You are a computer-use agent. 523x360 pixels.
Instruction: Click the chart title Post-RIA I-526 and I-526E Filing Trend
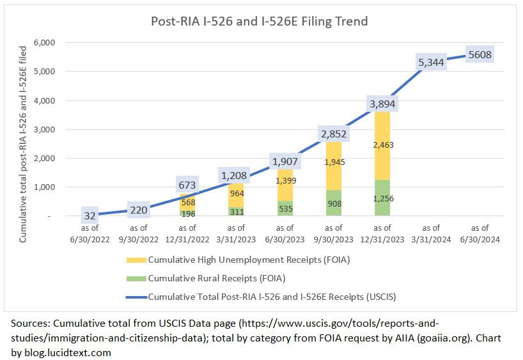(x=259, y=21)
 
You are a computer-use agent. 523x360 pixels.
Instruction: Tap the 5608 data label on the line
(x=480, y=54)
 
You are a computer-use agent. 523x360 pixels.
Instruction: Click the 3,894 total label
(x=382, y=104)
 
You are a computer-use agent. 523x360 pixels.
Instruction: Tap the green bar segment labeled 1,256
(x=382, y=198)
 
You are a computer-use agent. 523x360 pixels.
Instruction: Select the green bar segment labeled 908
(x=332, y=204)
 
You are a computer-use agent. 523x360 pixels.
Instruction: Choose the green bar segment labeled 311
(x=236, y=210)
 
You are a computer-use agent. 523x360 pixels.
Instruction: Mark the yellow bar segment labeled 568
(x=188, y=202)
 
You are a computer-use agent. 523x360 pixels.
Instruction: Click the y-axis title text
(x=23, y=144)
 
